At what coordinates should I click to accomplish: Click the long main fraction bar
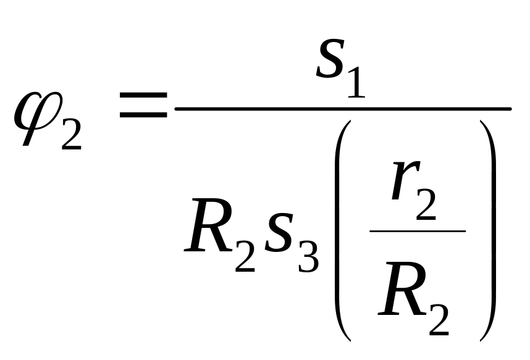click(x=343, y=109)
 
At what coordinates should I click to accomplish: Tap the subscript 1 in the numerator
click(x=356, y=83)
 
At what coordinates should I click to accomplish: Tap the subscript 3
click(x=308, y=256)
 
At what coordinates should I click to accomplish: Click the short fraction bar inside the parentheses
click(x=418, y=231)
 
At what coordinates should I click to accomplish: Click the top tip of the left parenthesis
click(x=350, y=121)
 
